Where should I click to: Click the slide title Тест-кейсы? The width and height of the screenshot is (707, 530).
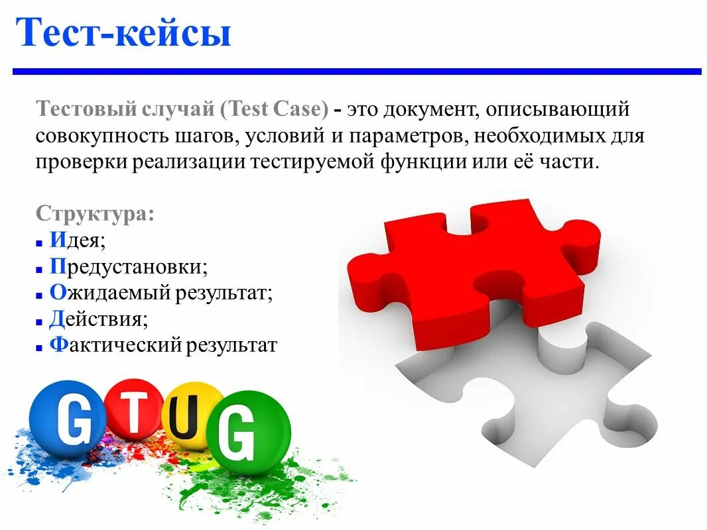(124, 33)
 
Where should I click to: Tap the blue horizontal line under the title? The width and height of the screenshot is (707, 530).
(357, 71)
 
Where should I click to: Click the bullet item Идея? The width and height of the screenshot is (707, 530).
(78, 240)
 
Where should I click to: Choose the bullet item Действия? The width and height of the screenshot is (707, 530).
(98, 319)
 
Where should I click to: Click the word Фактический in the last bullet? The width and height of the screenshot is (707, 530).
(115, 345)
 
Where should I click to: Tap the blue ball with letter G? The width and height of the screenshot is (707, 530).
(66, 419)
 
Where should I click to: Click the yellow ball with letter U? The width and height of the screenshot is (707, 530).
(193, 416)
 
